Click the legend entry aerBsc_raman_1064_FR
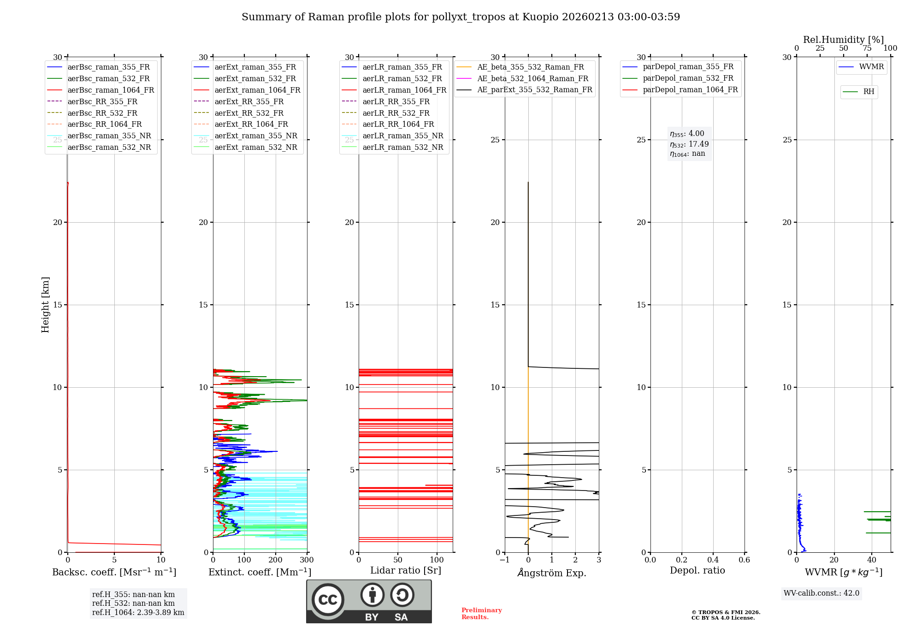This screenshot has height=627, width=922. coord(111,90)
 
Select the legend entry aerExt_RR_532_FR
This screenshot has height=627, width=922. coord(249,113)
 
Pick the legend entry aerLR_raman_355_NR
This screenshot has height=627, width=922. coord(402,136)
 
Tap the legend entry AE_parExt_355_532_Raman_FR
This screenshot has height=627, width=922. coord(534,89)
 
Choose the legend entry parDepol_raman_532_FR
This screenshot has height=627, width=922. coord(688,78)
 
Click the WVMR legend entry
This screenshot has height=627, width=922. coord(871,67)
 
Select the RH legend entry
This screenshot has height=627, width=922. coord(869,92)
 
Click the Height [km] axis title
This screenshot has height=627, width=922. coord(45,305)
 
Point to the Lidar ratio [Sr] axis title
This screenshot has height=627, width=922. coord(406,570)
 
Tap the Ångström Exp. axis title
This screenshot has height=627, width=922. coord(552,573)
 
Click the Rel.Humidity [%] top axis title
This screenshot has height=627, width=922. coord(843,40)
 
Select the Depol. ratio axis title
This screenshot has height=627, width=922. coord(697,570)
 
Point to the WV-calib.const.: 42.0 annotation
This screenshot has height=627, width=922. coord(822,593)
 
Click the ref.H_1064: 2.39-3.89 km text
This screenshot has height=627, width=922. coord(138,612)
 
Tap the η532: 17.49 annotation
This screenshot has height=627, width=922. coord(689,144)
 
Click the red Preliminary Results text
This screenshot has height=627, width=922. coord(481,614)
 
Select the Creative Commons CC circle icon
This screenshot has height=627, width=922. coord(328,599)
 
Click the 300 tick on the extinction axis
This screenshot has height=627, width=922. coord(307,560)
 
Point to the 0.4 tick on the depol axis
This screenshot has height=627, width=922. coord(713,560)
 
